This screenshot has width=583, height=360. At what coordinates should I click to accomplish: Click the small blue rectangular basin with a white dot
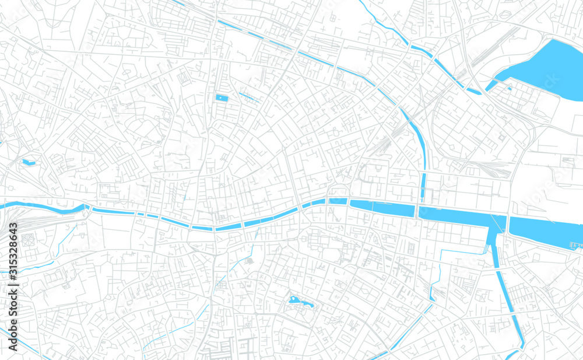222,98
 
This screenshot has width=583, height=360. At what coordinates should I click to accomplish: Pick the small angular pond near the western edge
28,162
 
